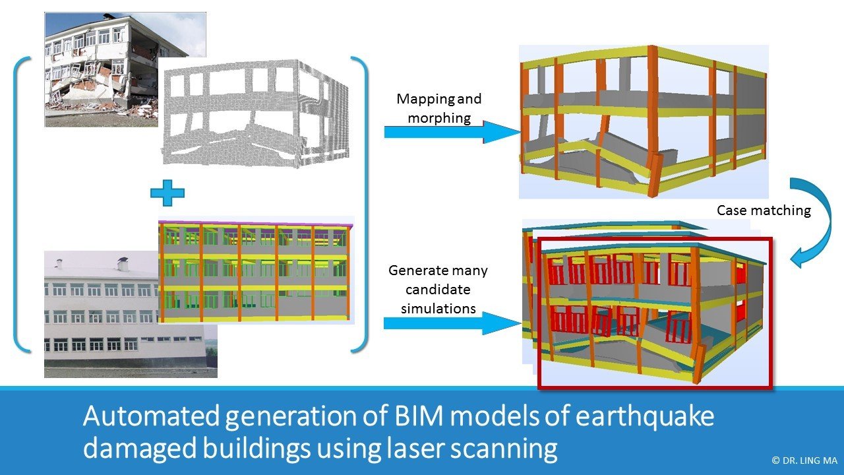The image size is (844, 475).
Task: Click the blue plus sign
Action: (167, 193)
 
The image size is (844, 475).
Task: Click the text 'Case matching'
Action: (764, 210)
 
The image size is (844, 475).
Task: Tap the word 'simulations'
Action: (438, 307)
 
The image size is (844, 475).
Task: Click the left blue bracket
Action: (22, 204)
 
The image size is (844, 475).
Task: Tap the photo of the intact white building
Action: (99, 317)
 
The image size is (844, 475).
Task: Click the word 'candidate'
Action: (438, 290)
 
